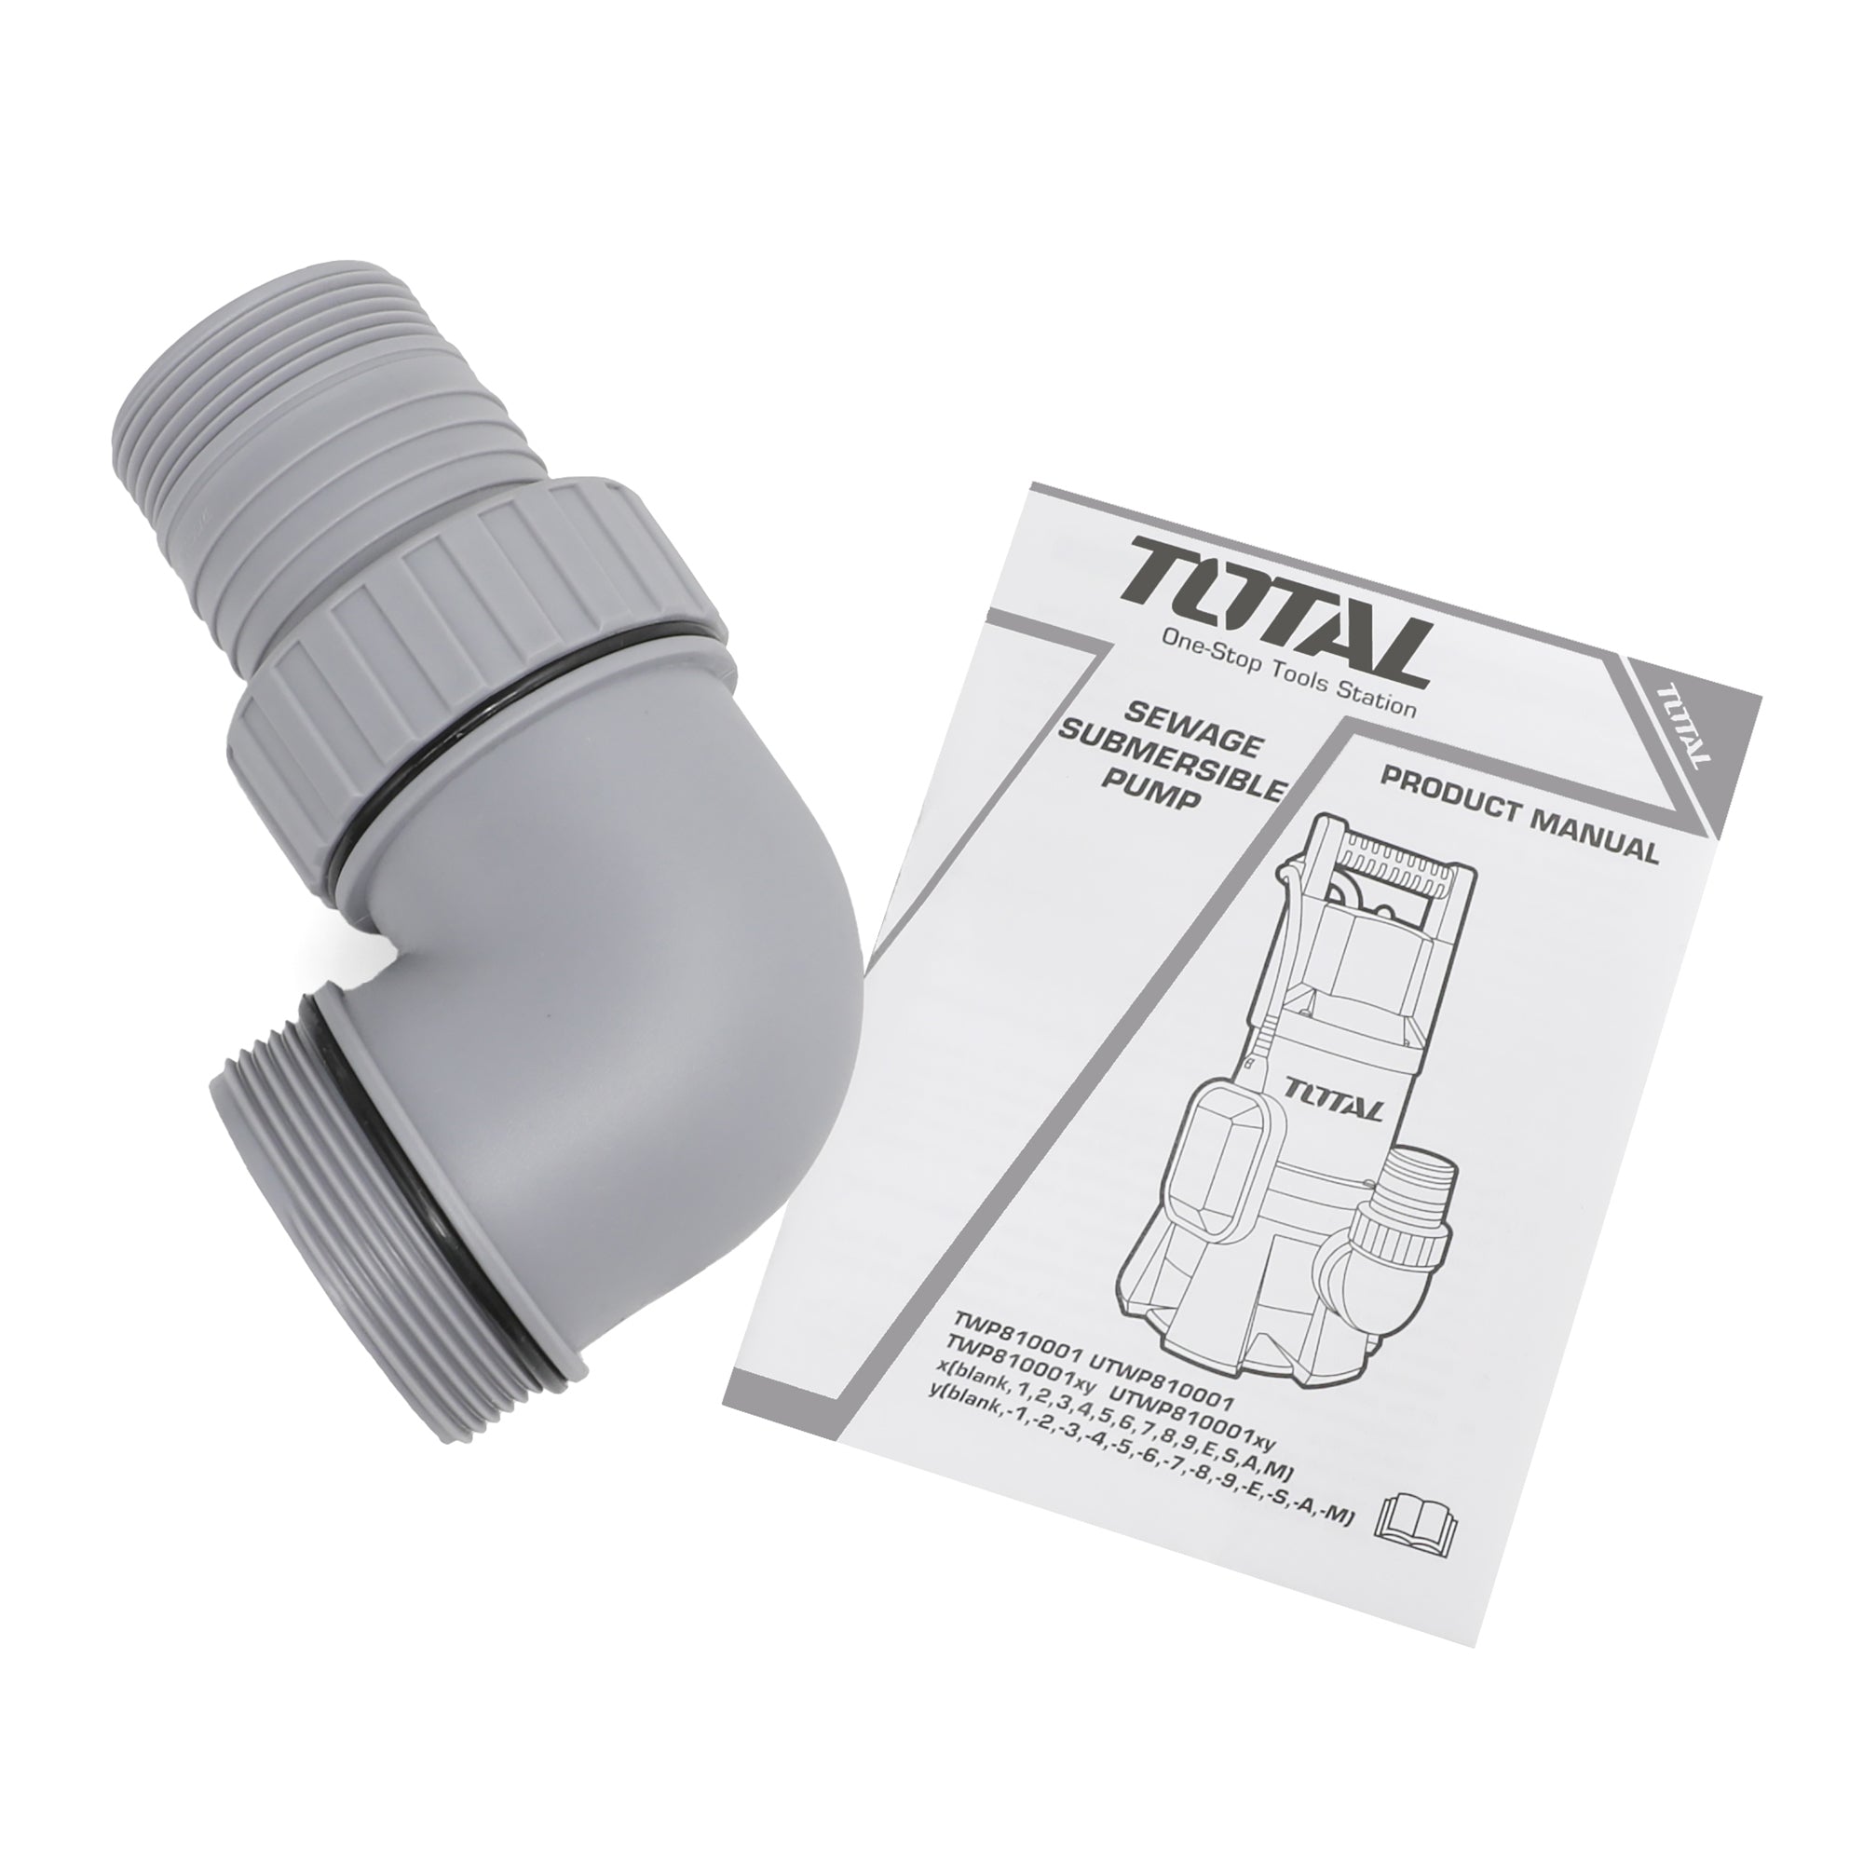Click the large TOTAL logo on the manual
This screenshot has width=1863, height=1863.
pyautogui.click(x=1277, y=619)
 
